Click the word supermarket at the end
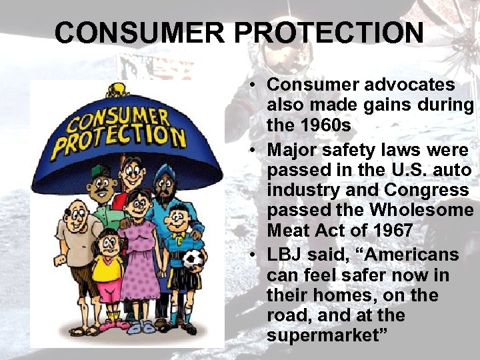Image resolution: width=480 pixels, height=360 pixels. tap(323, 335)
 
